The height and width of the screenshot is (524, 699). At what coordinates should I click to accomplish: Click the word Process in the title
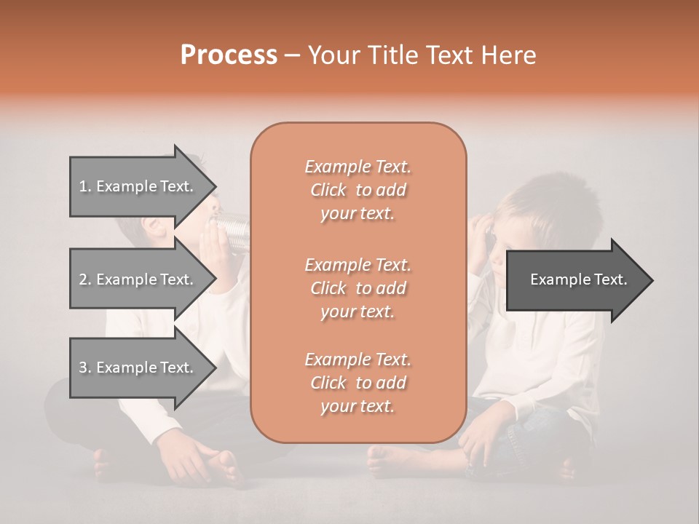229,55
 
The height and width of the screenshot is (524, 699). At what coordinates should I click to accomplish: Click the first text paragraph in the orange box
358,190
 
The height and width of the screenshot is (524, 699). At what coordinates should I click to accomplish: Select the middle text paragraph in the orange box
358,288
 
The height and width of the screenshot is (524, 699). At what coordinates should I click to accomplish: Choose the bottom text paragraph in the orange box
358,383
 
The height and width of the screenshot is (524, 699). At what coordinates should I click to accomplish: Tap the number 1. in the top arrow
85,186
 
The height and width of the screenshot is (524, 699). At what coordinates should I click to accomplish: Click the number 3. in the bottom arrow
85,368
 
